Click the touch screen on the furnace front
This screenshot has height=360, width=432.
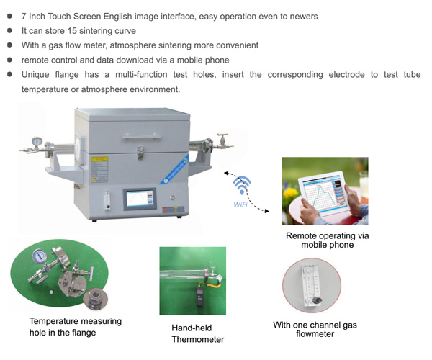pos(140,199)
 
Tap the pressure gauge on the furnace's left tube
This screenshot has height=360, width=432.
pos(37,142)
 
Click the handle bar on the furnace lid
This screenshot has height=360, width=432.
pos(141,137)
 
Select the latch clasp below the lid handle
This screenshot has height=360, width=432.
pos(140,153)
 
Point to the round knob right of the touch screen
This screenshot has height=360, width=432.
pos(173,198)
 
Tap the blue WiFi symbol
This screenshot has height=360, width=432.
pos(242,185)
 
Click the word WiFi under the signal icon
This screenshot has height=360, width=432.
pos(240,204)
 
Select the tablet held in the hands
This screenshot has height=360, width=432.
pos(324,194)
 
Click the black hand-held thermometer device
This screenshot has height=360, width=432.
pos(200,297)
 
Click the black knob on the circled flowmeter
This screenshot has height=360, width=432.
pos(317,300)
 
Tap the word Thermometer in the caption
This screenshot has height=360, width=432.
pos(198,339)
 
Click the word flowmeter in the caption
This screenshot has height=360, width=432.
pos(315,334)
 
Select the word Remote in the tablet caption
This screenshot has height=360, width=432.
pos(302,235)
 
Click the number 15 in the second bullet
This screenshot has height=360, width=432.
pos(72,30)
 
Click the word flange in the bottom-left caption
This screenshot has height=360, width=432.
pos(84,333)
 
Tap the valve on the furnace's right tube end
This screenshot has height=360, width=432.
pos(222,141)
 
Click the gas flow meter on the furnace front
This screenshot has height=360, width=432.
pos(107,200)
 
